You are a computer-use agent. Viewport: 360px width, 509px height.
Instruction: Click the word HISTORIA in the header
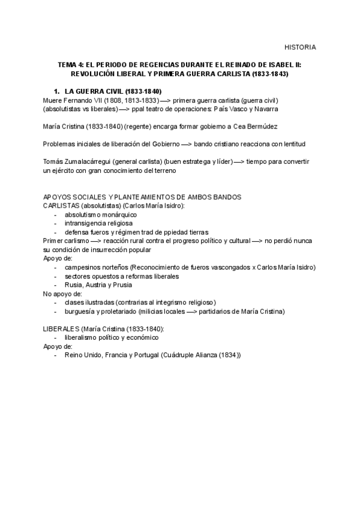[300, 47]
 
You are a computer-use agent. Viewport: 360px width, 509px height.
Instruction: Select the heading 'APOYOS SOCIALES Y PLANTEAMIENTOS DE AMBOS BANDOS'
[143, 197]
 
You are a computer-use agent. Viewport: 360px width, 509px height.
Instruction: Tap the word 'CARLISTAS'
[61, 206]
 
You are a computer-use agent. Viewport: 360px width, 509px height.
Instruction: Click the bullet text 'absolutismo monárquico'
[101, 214]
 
